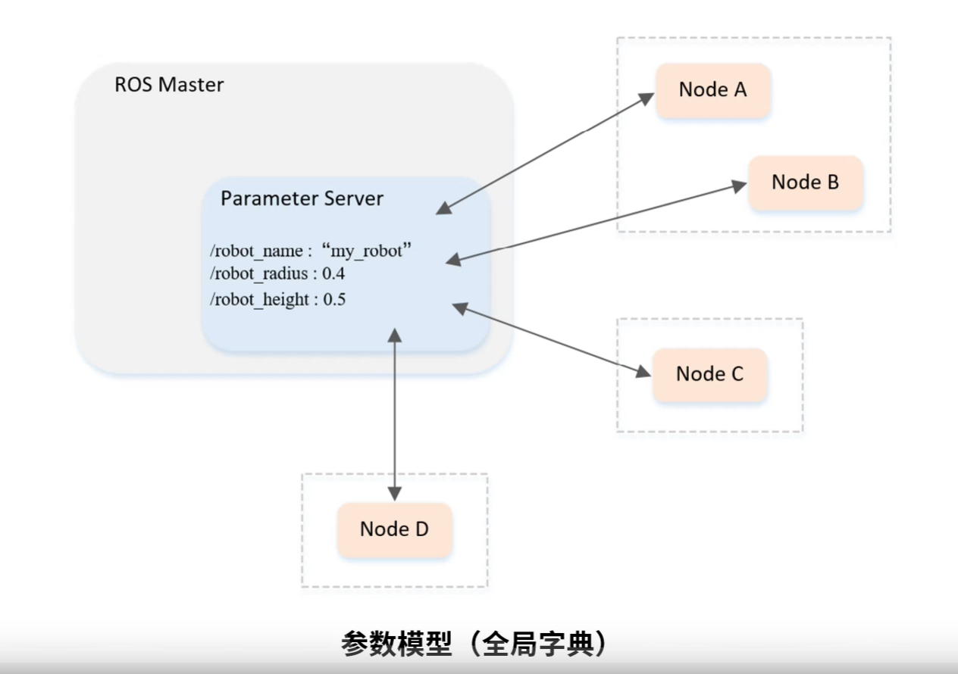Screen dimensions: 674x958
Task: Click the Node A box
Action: [x=712, y=90]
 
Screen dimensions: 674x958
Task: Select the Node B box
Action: [x=805, y=183]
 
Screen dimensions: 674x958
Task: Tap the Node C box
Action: [x=709, y=374]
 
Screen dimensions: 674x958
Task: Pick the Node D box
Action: [x=394, y=529]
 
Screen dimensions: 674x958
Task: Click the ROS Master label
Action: [x=169, y=84]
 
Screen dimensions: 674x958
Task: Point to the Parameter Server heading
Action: [x=302, y=199]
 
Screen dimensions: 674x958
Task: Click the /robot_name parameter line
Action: [x=311, y=251]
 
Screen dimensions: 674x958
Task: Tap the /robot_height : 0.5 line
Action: [x=277, y=299]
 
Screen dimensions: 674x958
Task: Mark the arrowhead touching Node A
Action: [x=646, y=98]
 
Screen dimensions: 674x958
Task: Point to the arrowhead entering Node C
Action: [x=643, y=370]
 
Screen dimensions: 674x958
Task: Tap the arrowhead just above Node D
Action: [x=394, y=493]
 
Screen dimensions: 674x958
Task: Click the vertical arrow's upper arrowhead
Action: [x=394, y=334]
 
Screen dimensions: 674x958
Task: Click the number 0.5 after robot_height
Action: [x=334, y=299]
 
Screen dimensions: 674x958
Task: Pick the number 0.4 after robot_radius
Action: [x=334, y=273]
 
